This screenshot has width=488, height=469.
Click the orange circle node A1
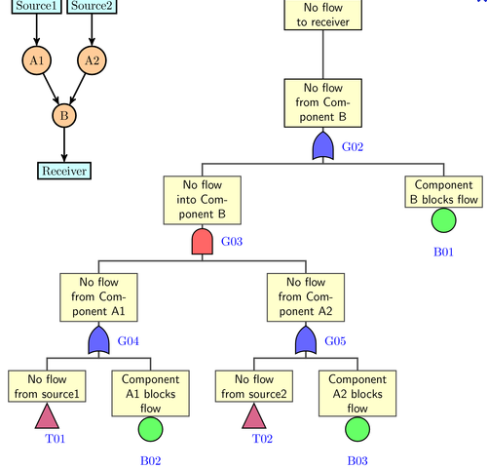[37, 60]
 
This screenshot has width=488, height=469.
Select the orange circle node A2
[92, 60]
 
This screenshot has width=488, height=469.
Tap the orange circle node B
[64, 116]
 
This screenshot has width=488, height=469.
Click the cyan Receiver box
[64, 171]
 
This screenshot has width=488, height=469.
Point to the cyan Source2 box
[92, 7]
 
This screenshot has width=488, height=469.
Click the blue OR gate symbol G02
[323, 146]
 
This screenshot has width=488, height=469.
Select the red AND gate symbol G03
[203, 242]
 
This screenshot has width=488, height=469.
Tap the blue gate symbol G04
[98, 340]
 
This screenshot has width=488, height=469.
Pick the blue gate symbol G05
[306, 340]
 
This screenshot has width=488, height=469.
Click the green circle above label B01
[444, 220]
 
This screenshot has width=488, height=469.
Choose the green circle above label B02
[151, 429]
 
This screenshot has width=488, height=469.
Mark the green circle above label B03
[357, 429]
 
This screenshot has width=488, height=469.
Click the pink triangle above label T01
[47, 418]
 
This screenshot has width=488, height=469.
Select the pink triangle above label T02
[254, 418]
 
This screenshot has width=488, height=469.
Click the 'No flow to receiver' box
[323, 15]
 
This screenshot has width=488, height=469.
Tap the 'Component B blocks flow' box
[444, 192]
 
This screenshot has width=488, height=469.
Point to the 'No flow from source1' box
[47, 386]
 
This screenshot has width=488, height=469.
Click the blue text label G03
[232, 242]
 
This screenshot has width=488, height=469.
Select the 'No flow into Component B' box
[203, 200]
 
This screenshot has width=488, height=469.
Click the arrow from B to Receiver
[64, 145]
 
